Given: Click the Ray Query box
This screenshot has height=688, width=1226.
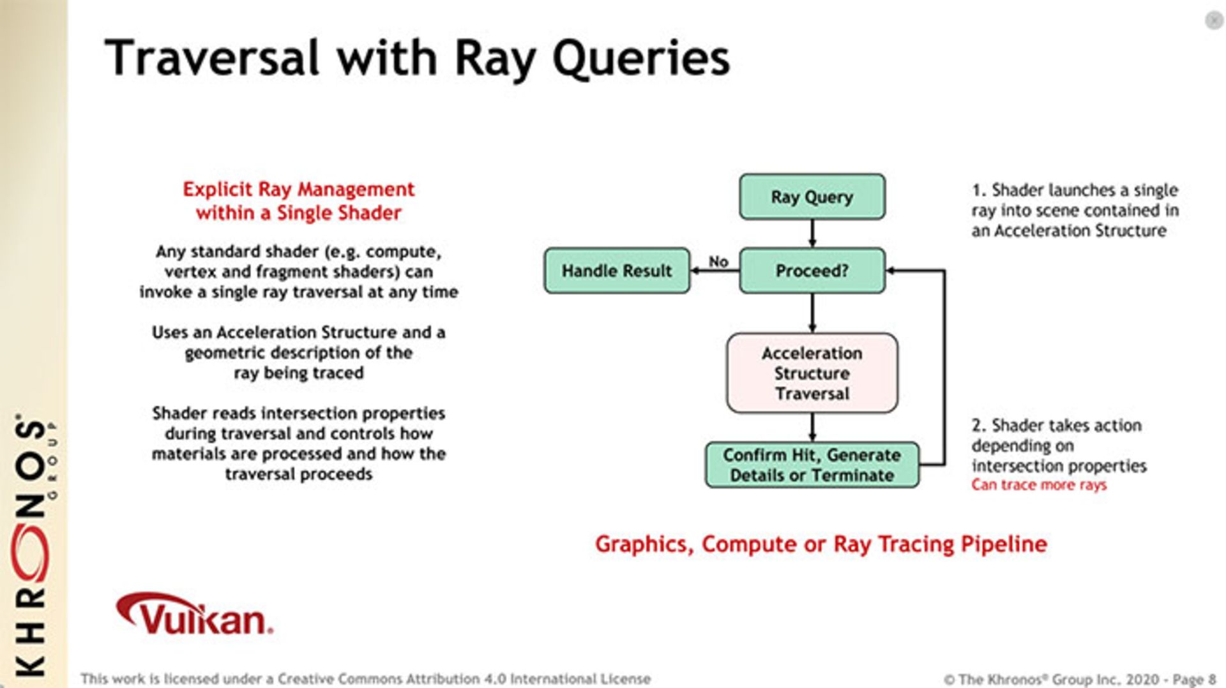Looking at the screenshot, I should pyautogui.click(x=812, y=197).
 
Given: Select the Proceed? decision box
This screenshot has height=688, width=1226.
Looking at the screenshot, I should pyautogui.click(x=812, y=271).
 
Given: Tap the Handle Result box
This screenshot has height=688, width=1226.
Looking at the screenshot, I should pyautogui.click(x=616, y=271).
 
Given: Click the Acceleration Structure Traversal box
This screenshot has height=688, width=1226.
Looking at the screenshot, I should pyautogui.click(x=812, y=373).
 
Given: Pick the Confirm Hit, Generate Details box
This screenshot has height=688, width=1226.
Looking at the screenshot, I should pyautogui.click(x=812, y=465).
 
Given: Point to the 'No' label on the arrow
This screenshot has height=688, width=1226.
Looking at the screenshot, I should pyautogui.click(x=718, y=261).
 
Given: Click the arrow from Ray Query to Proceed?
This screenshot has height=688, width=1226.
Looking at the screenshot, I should pyautogui.click(x=812, y=234).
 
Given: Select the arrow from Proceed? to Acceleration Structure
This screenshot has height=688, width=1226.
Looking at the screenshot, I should pyautogui.click(x=812, y=313).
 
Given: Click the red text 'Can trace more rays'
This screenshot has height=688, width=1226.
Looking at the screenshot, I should pyautogui.click(x=1038, y=485).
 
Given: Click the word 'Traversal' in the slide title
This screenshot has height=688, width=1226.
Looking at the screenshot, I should pyautogui.click(x=211, y=58).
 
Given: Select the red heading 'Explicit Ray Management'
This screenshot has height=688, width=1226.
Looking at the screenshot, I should pyautogui.click(x=298, y=190).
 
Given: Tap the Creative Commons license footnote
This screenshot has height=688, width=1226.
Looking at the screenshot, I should pyautogui.click(x=365, y=678).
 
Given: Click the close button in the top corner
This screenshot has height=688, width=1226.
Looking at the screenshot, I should pyautogui.click(x=1213, y=20).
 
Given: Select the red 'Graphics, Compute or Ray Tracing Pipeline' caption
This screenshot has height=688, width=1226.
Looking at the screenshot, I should pyautogui.click(x=821, y=544).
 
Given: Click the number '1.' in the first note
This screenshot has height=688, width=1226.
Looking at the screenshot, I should pyautogui.click(x=978, y=190).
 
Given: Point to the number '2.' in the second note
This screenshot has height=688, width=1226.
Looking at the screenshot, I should pyautogui.click(x=978, y=426).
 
